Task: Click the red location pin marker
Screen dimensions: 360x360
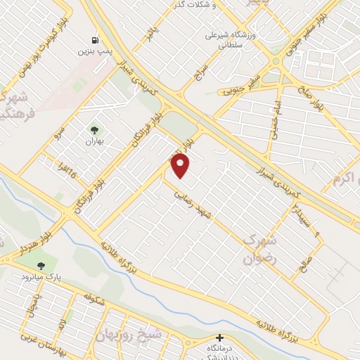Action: [x=181, y=165]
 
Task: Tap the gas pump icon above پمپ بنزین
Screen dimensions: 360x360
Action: [x=94, y=40]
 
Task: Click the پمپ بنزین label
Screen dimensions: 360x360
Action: [x=94, y=52]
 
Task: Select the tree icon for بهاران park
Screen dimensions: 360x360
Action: [x=94, y=129]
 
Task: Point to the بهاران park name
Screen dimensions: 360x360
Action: [x=94, y=141]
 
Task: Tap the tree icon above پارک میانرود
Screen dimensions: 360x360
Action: [x=40, y=266]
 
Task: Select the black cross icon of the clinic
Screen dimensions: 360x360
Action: [x=220, y=338]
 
